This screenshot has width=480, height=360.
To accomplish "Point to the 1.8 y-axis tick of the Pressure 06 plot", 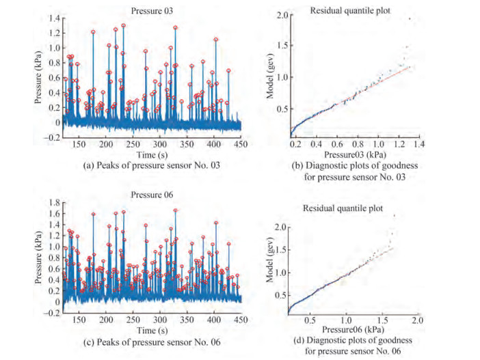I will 53,202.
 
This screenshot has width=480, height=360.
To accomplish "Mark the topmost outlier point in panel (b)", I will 409,18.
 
